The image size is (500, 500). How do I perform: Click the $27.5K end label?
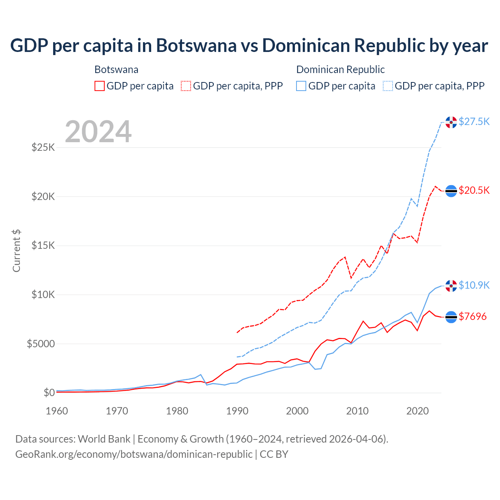point(474,121)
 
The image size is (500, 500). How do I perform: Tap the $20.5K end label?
point(474,190)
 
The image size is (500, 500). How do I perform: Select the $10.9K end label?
point(474,285)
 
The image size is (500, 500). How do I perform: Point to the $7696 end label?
point(473,316)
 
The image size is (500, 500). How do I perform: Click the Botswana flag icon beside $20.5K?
point(451,191)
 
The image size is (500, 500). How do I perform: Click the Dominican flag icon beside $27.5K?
point(451,122)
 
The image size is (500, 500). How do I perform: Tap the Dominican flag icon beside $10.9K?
point(451,286)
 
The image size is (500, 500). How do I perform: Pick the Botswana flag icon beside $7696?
point(451,317)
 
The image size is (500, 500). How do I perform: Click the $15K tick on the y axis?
point(43,246)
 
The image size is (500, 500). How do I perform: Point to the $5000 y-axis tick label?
point(41,344)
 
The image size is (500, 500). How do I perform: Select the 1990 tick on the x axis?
point(237,411)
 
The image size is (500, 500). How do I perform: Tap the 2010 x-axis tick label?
point(357,411)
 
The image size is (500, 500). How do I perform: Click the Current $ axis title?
point(16,251)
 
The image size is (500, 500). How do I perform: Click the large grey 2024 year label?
point(98,132)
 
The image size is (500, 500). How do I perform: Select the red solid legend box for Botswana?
point(100,86)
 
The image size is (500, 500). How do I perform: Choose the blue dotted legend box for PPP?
point(388,86)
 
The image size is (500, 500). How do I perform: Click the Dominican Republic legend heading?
point(340,70)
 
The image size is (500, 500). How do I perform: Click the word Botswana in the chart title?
point(196,45)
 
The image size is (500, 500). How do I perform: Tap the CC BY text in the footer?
point(274,454)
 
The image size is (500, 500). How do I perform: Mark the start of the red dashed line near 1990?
point(237,332)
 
